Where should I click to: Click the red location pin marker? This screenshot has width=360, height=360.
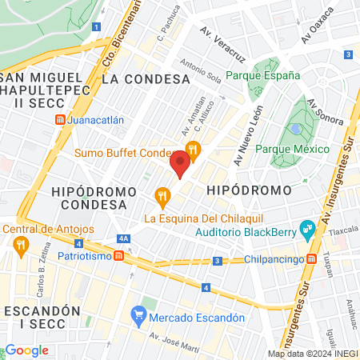pyautogui.click(x=180, y=164)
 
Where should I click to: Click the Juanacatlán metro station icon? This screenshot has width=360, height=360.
pyautogui.click(x=61, y=120)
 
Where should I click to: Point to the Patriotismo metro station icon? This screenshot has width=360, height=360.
pyautogui.click(x=118, y=257)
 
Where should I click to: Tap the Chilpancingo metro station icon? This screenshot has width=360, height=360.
pyautogui.click(x=307, y=260)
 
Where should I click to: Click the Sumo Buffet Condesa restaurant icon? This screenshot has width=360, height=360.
pyautogui.click(x=192, y=149)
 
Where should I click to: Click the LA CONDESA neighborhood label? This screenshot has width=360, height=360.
pyautogui.click(x=146, y=79)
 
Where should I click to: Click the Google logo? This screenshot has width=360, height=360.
pyautogui.click(x=26, y=350)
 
